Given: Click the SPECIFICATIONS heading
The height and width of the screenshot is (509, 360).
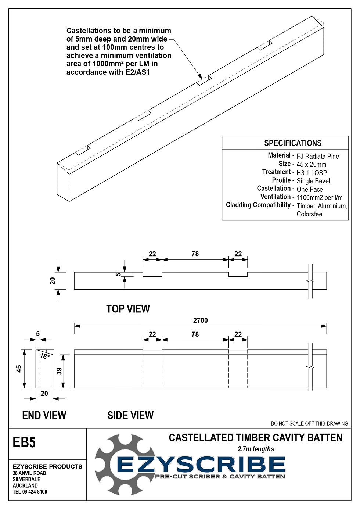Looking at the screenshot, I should pyautogui.click(x=292, y=143).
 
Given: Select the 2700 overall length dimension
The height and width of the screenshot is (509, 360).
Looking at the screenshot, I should pyautogui.click(x=200, y=320).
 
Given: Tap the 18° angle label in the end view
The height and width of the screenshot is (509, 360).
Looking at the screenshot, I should pyautogui.click(x=45, y=356).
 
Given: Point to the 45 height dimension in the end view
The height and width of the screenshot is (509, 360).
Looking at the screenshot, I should pyautogui.click(x=19, y=368).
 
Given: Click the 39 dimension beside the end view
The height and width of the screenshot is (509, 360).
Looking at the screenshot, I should pyautogui.click(x=59, y=371).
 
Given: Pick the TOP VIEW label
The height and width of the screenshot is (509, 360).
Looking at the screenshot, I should pyautogui.click(x=128, y=309).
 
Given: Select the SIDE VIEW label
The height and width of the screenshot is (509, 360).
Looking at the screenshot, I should pyautogui.click(x=130, y=415).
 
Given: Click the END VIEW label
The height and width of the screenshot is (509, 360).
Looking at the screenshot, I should pyautogui.click(x=44, y=415).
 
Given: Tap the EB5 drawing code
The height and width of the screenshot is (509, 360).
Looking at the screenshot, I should pyautogui.click(x=24, y=442).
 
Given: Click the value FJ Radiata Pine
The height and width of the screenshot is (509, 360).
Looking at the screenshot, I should pyautogui.click(x=317, y=156).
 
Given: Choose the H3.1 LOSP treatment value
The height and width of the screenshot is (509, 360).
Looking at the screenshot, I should pyautogui.click(x=312, y=173).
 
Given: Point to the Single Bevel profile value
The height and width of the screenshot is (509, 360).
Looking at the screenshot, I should pyautogui.click(x=313, y=181).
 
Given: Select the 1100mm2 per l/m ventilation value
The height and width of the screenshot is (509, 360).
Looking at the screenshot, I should pyautogui.click(x=319, y=197).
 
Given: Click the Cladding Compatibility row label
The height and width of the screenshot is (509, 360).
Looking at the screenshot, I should pyautogui.click(x=260, y=205).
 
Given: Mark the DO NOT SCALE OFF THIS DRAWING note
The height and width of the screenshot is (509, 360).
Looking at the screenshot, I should pyautogui.click(x=309, y=423).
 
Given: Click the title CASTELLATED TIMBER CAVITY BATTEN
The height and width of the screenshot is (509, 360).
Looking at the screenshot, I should pyautogui.click(x=255, y=438).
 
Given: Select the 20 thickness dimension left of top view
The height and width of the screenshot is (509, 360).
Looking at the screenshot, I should pyautogui.click(x=53, y=281).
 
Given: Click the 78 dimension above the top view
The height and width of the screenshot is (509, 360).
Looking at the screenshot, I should pyautogui.click(x=195, y=254).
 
